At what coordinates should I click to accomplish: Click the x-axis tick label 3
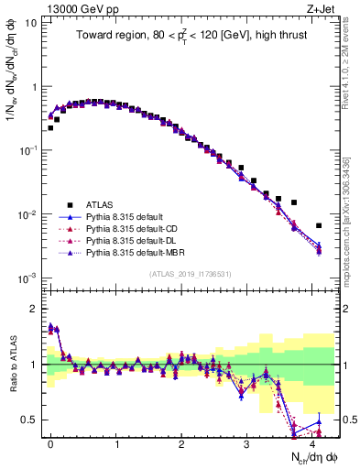pyautogui.click(x=247, y=442)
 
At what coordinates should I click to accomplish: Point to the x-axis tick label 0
pyautogui.click(x=50, y=442)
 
